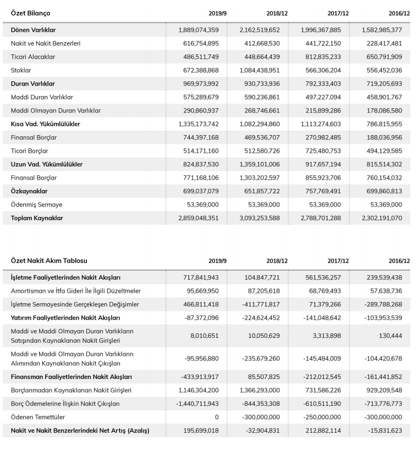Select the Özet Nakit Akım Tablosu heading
pyautogui.click(x=49, y=261)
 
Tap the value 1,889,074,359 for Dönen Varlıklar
pyautogui.click(x=199, y=30)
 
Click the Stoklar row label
pyautogui.click(x=21, y=70)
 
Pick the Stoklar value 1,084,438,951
pyautogui.click(x=260, y=70)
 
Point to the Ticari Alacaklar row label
pyautogui.click(x=33, y=57)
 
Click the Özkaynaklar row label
pyautogui.click(x=29, y=191)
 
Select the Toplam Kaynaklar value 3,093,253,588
pyautogui.click(x=260, y=218)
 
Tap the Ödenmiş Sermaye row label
pyautogui.click(x=36, y=204)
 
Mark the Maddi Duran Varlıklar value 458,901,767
pyautogui.click(x=382, y=97)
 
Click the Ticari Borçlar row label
pyautogui.click(x=30, y=150)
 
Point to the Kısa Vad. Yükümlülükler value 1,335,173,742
pyautogui.click(x=199, y=124)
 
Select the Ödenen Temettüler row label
pyautogui.click(x=39, y=417)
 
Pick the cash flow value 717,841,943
pyautogui.click(x=201, y=277)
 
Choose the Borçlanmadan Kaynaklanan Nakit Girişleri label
pyautogui.click(x=71, y=390)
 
